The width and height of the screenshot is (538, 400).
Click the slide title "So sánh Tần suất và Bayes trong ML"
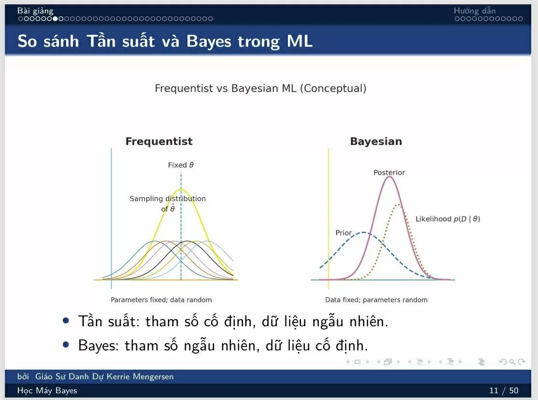click(165, 41)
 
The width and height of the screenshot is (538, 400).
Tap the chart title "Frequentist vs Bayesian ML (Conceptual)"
click(260, 89)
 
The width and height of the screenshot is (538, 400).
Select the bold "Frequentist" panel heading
click(159, 142)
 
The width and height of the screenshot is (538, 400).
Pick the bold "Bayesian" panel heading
click(376, 142)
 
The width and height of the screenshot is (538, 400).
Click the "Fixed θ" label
click(181, 165)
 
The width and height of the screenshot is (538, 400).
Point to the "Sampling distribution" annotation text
click(168, 199)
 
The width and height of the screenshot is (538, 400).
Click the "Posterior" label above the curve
click(389, 173)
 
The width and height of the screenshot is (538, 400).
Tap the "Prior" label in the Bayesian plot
click(343, 233)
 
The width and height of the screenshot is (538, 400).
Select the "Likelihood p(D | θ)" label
click(448, 219)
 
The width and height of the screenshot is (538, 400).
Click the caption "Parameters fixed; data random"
click(161, 300)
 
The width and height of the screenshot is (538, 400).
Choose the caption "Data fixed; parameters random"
click(376, 300)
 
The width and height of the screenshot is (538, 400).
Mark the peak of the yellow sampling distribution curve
click(181, 189)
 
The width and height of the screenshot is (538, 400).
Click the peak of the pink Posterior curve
click(389, 177)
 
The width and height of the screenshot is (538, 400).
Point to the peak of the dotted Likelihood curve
click(398, 205)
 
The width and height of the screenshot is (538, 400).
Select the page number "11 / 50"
click(504, 390)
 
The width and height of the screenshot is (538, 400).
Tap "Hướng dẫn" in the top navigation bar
click(474, 11)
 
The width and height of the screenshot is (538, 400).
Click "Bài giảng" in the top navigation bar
click(35, 11)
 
